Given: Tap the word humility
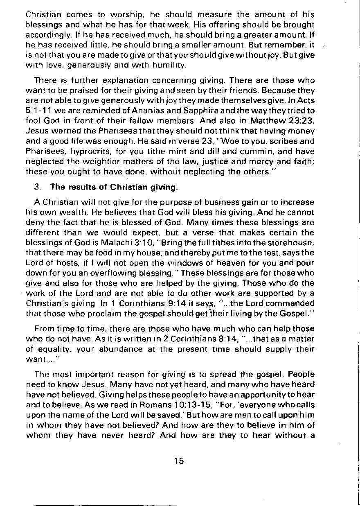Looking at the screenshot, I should coord(165,65).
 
